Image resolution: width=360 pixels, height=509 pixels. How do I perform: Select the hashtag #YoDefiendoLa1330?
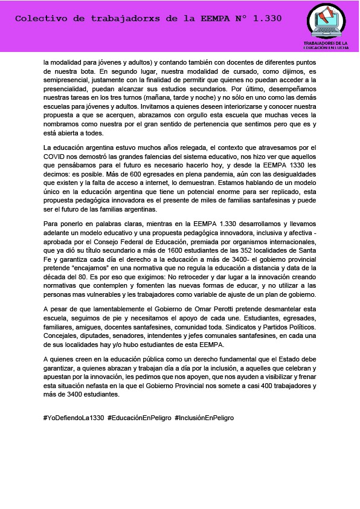pos(74,418)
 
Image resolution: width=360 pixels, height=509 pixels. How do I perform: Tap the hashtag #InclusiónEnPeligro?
pos(204,418)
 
